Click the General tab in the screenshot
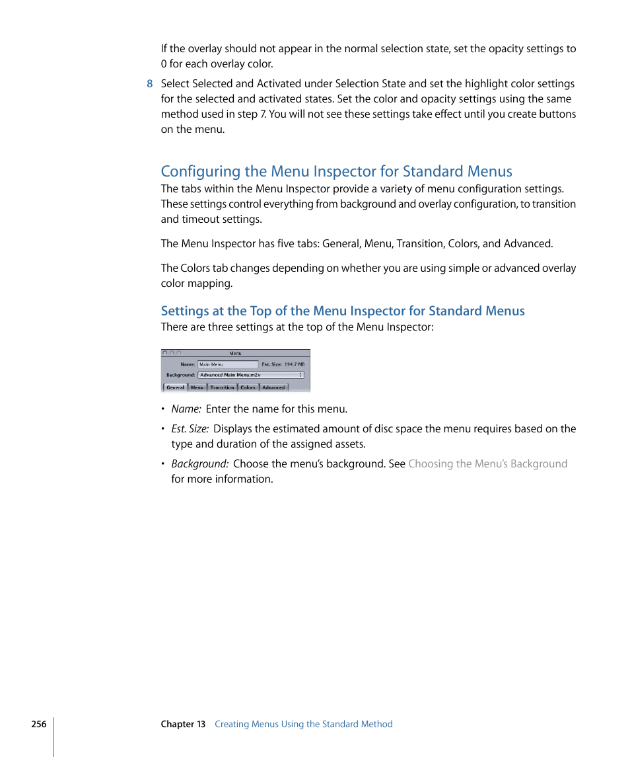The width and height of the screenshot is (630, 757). pos(175,387)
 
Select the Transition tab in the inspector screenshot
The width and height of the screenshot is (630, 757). pos(222,387)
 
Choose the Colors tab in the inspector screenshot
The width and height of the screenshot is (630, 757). pos(248,387)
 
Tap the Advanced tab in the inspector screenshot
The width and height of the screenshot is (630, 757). pos(273,387)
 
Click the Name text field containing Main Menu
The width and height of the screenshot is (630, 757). pos(228,364)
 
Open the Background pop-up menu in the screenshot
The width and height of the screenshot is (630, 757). pos(250,375)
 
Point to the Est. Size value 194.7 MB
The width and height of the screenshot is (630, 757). pos(295,364)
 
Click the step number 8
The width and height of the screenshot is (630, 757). pos(150,84)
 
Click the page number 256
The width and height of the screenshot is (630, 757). pos(39,724)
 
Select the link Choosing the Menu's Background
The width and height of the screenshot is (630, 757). pos(487,463)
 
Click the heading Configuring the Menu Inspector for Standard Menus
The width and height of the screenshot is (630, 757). pos(336,171)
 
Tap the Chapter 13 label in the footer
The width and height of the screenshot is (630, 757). pos(183,724)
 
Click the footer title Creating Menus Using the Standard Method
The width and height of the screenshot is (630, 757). pos(304,724)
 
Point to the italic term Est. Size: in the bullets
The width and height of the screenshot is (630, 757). pos(190,428)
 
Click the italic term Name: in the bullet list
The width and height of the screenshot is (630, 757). pos(186,409)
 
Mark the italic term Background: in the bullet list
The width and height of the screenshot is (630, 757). pos(200,463)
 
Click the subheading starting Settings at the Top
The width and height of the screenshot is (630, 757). pos(343,311)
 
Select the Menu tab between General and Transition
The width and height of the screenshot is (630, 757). pos(197,387)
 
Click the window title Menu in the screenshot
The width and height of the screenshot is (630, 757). pos(236,354)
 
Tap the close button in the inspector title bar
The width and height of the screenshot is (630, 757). pos(165,354)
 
